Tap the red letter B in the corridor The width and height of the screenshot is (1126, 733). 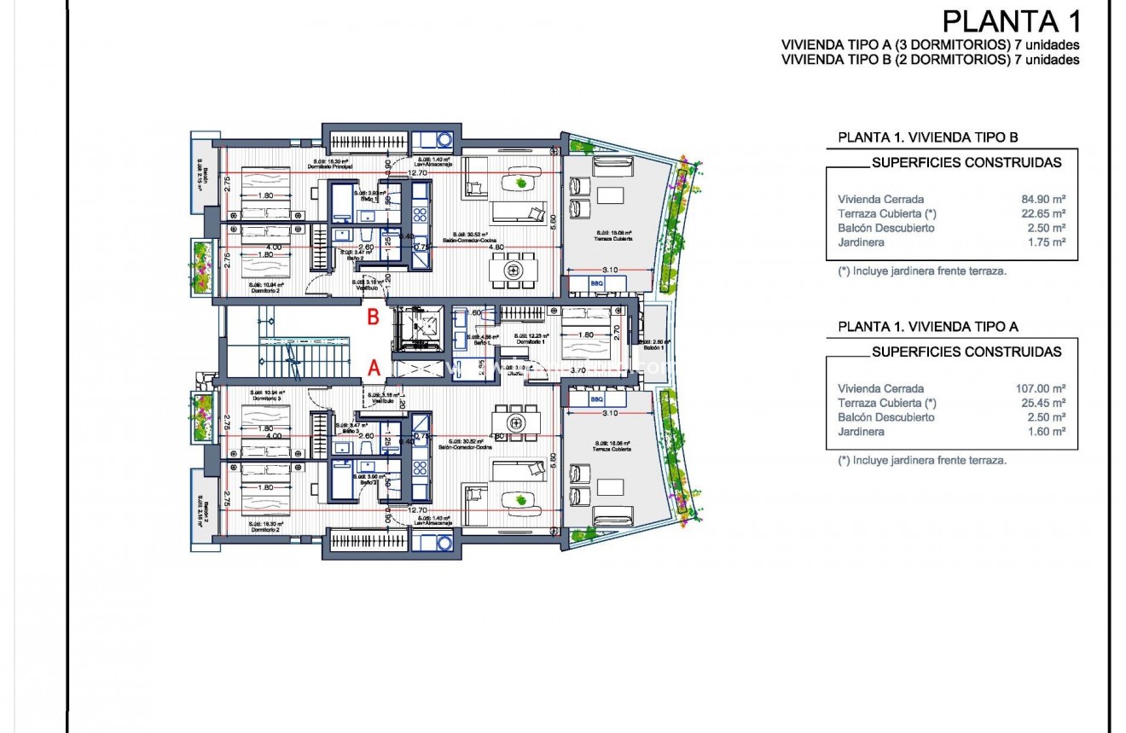373,317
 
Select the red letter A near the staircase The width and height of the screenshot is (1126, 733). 373,368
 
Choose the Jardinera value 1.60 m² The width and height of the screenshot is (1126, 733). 1045,432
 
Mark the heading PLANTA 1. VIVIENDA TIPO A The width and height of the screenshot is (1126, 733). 928,326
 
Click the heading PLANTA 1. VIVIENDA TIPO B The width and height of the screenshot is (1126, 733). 928,137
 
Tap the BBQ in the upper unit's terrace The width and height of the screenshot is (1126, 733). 596,283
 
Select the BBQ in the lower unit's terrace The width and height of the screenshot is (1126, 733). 596,399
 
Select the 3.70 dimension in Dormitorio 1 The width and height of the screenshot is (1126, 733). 578,370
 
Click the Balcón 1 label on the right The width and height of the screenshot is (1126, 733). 654,347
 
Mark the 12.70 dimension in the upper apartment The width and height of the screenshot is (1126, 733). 417,173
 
